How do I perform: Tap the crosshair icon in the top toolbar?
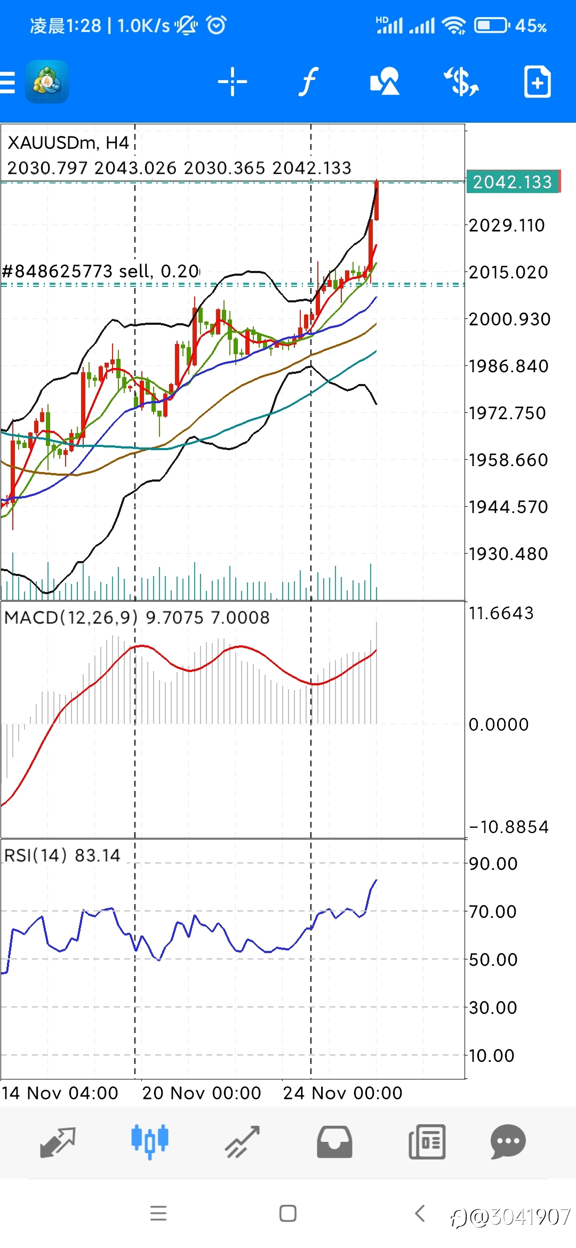point(233,82)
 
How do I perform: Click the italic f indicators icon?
point(308,82)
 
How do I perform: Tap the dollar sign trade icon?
point(461,82)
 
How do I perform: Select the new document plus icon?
point(537,82)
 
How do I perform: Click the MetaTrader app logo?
point(47,82)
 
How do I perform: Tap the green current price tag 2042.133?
point(512,182)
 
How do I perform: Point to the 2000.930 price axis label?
point(509,319)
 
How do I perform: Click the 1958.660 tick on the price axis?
point(508,460)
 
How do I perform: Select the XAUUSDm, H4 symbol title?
point(68,143)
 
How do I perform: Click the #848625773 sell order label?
point(101,271)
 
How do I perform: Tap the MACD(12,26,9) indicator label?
point(71,617)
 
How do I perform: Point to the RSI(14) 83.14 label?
point(62,855)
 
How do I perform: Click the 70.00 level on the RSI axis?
point(493,911)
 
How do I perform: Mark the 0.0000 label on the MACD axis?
point(499,724)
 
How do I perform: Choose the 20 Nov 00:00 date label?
point(202,1093)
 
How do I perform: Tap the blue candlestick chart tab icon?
point(150,1141)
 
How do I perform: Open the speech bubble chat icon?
point(508,1141)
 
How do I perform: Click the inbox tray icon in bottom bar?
point(334,1142)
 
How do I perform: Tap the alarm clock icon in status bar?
point(216,25)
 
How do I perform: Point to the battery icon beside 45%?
point(492,25)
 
